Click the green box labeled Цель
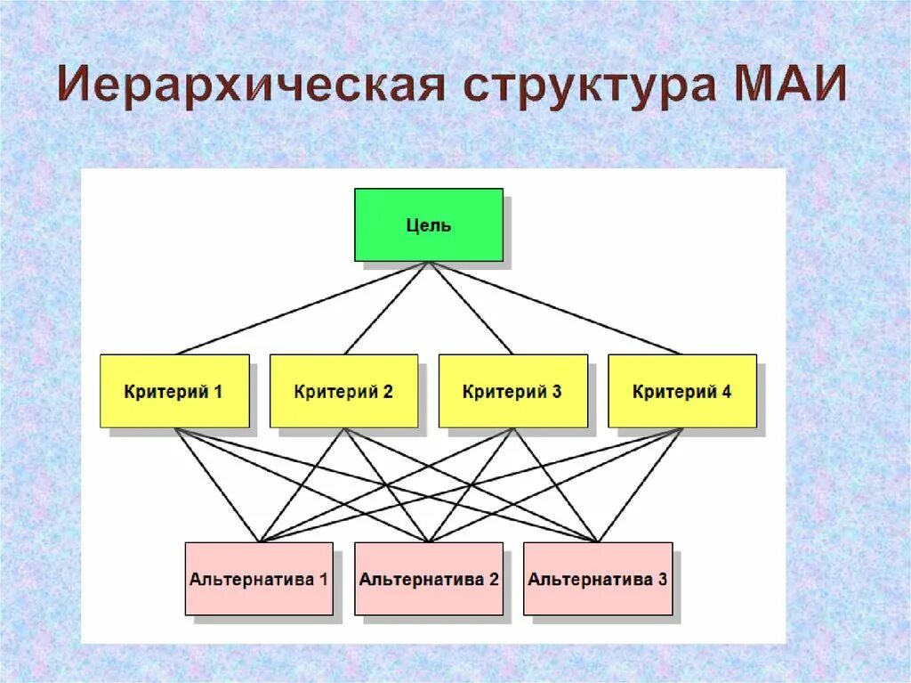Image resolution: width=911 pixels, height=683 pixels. (x=428, y=224)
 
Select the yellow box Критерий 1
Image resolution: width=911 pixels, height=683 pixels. (x=174, y=391)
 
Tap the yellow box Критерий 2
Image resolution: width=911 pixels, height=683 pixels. (x=343, y=391)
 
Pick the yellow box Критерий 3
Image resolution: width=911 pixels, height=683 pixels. (x=512, y=391)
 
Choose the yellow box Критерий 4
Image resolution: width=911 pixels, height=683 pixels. (x=682, y=391)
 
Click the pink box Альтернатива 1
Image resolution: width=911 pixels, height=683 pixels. (x=259, y=579)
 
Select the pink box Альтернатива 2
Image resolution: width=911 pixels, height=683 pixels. (x=428, y=579)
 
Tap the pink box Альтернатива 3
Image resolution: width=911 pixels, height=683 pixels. (x=597, y=579)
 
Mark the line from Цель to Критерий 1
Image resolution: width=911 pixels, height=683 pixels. (x=302, y=307)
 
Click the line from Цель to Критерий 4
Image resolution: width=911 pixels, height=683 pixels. (x=555, y=307)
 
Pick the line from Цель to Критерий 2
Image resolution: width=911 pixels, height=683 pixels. (x=386, y=307)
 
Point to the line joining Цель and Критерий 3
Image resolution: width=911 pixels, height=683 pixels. (x=471, y=307)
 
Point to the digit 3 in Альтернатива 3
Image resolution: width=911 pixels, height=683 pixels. (x=662, y=579)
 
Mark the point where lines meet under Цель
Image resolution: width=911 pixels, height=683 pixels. (x=429, y=262)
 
